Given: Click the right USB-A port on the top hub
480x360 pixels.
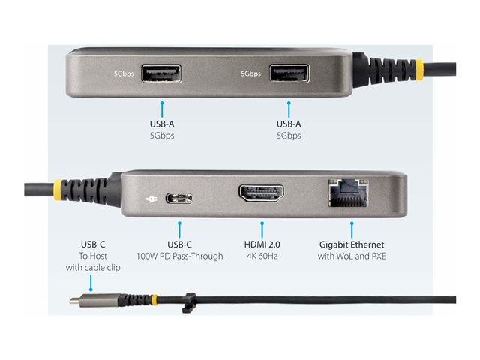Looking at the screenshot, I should coord(289,73).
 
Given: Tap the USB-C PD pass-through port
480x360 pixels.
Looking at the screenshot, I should coord(178,199).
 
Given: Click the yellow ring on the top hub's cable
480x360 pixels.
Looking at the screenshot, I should coord(420,67).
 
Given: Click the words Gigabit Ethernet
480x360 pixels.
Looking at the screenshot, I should coord(351,244).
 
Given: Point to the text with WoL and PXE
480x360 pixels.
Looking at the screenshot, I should coord(351,256).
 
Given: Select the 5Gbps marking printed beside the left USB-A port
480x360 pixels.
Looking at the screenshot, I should coord(124,73).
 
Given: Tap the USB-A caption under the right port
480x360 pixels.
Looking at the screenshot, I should coord(289,124).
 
